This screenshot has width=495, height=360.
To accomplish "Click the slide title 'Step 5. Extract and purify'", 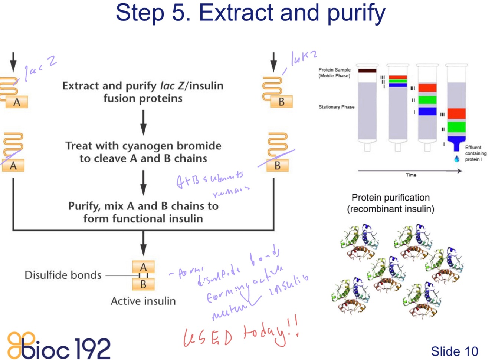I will point(250,13).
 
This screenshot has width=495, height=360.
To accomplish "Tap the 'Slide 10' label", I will point(454,351).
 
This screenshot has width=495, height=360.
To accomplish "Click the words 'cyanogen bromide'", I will point(172,146).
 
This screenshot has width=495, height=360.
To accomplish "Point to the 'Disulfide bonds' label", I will point(63,275).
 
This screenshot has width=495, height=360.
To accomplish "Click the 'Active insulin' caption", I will point(143,301).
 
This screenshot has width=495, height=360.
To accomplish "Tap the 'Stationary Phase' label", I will point(336,107).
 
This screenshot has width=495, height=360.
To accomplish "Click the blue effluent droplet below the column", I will point(457,159).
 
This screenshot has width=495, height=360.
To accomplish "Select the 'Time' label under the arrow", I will point(411,175).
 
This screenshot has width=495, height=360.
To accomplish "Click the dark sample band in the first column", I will point(367,70).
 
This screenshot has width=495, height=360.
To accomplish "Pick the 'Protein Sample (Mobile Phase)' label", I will point(334,73).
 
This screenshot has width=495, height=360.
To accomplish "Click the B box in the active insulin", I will point(143,284).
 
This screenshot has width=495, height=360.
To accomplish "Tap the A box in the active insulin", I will point(143,267).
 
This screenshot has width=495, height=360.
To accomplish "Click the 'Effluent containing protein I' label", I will point(475,153).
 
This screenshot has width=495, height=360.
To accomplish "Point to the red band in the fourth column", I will point(456,113).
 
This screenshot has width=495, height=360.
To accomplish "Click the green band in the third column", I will point(427,100).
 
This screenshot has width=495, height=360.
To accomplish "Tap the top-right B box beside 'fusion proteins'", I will point(282,102).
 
